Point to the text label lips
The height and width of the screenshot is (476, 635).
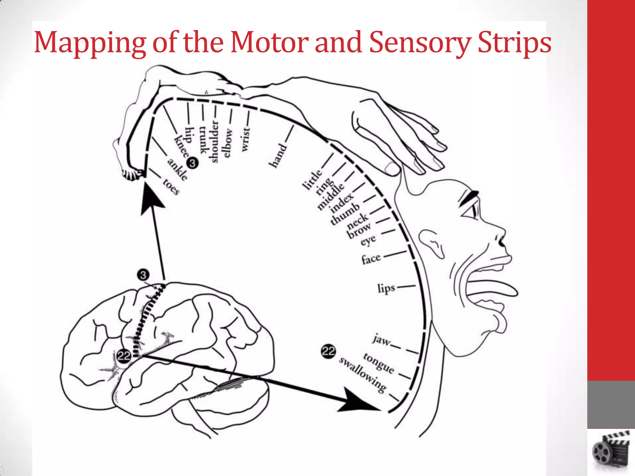pyautogui.click(x=386, y=288)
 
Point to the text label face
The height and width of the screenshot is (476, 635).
pyautogui.click(x=371, y=259)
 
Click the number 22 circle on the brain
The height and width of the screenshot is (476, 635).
pyautogui.click(x=124, y=356)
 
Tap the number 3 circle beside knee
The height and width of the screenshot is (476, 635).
pyautogui.click(x=192, y=163)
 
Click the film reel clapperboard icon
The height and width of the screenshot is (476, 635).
pyautogui.click(x=611, y=451)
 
